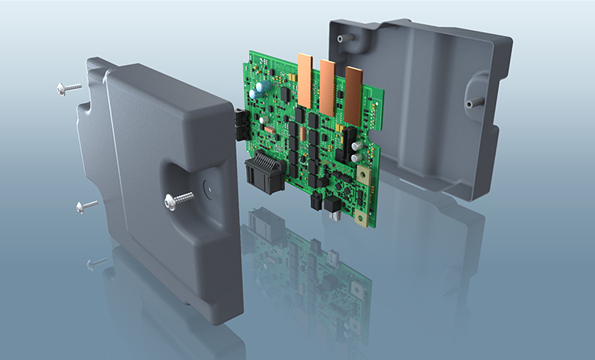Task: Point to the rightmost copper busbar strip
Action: (x=354, y=96)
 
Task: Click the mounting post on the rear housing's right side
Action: (x=468, y=101)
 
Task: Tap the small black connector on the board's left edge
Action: (x=239, y=123)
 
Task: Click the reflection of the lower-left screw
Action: (x=97, y=264)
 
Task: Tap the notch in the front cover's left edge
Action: (x=80, y=155)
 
